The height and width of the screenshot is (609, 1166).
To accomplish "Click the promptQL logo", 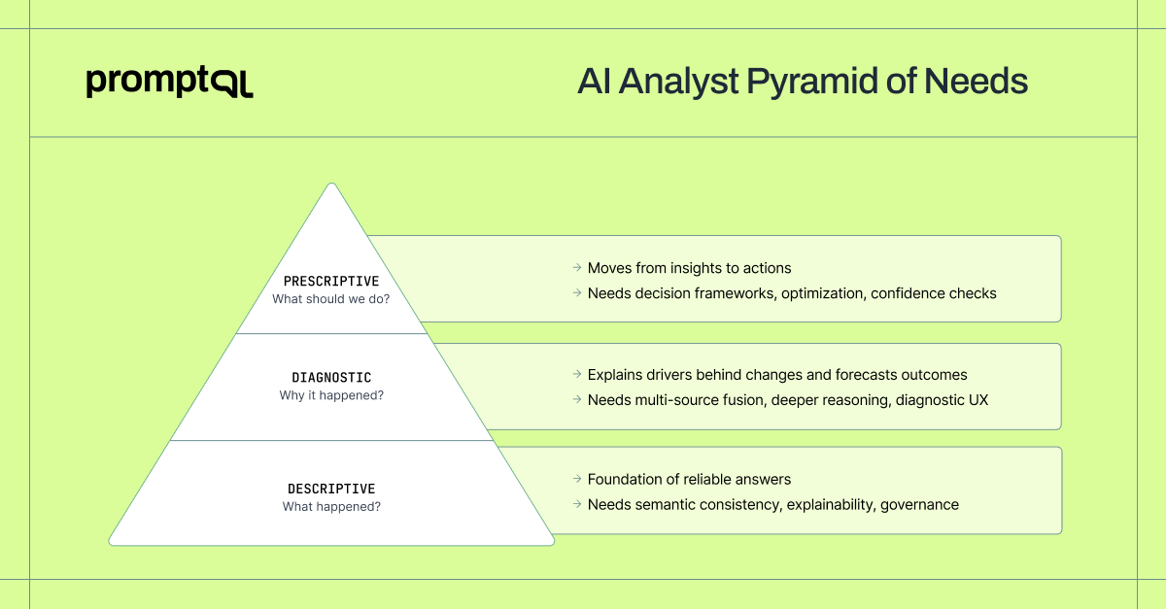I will point(169,83).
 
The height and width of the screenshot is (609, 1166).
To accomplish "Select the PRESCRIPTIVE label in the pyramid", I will point(331,282).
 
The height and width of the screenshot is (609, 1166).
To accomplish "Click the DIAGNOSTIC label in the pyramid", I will point(331,377).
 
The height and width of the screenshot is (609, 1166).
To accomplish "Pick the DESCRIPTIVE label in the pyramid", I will point(331,489).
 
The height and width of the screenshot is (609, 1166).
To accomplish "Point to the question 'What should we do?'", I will point(331,299).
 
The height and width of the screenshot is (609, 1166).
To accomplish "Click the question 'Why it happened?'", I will point(331,395).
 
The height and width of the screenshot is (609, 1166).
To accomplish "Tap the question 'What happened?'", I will point(331,507).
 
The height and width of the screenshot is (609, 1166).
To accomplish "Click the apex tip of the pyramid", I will point(332,185).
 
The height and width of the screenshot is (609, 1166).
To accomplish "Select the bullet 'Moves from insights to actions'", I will point(689,268).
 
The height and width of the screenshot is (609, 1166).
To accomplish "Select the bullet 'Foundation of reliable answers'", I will point(689,479).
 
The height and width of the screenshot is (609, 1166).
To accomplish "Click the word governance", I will point(919,505).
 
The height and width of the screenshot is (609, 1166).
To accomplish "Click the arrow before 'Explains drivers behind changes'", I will point(577,375).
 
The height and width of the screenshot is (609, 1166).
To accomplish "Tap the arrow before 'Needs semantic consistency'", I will point(577,505).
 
